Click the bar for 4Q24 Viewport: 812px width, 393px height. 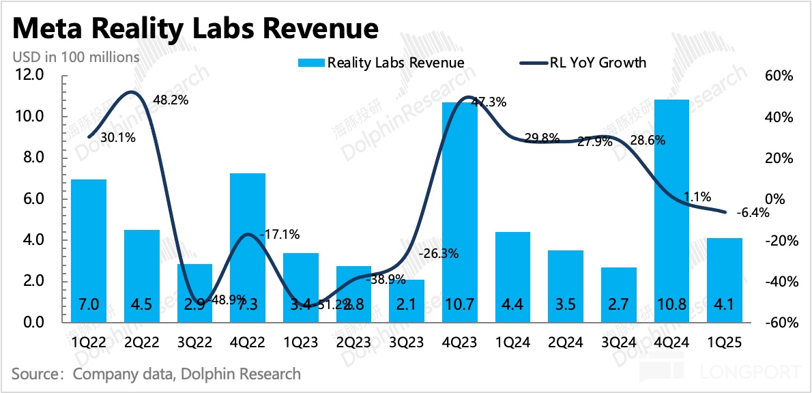coord(672,212)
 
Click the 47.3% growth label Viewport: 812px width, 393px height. coord(489,102)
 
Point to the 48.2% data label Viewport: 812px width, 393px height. coord(171,100)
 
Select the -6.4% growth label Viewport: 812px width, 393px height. coord(753,213)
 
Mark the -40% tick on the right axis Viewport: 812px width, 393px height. coord(779,282)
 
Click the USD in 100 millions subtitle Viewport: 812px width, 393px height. coord(76,57)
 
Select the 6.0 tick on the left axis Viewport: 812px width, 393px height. coord(32,199)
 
